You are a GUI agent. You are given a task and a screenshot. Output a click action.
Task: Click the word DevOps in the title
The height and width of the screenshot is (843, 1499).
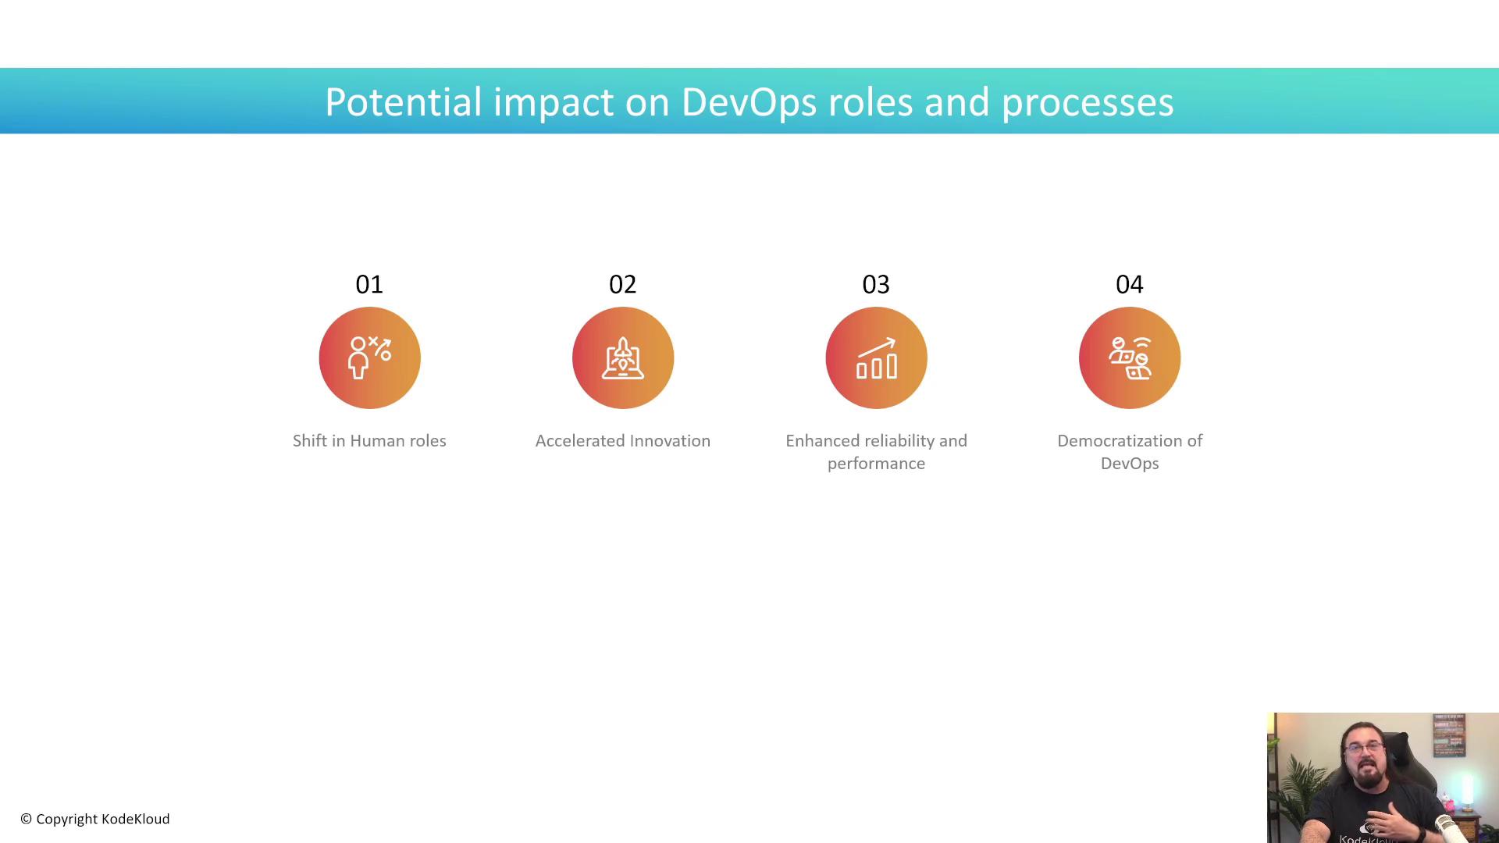click(x=749, y=102)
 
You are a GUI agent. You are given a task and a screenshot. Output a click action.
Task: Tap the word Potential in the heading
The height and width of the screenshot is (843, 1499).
click(x=403, y=102)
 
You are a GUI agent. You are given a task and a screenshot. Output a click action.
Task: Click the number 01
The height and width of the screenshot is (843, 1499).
click(x=369, y=284)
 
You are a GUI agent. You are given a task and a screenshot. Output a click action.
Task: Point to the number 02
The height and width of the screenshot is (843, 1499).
click(x=623, y=284)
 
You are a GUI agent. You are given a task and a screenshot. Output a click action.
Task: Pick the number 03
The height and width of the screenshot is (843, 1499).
click(x=876, y=284)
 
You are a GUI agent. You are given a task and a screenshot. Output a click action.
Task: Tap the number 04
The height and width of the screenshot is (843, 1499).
click(x=1130, y=284)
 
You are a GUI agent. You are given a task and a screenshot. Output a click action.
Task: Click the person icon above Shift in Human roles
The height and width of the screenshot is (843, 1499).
click(x=369, y=357)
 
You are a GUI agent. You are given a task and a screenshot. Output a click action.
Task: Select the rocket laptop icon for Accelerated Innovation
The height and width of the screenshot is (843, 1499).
click(x=623, y=357)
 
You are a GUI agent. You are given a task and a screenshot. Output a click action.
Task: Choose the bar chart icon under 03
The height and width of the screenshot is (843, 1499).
click(x=876, y=358)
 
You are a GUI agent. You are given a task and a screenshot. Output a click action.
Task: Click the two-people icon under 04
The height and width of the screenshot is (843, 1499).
click(x=1130, y=357)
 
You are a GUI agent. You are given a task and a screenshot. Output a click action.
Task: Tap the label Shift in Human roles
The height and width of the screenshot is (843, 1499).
click(x=369, y=441)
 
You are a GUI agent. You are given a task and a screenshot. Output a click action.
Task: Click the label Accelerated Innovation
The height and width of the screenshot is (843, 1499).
click(x=623, y=441)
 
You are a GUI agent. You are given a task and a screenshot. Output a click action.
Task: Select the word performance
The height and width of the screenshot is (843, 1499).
click(x=876, y=464)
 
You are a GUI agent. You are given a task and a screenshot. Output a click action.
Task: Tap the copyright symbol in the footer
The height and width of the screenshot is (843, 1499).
click(x=26, y=819)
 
